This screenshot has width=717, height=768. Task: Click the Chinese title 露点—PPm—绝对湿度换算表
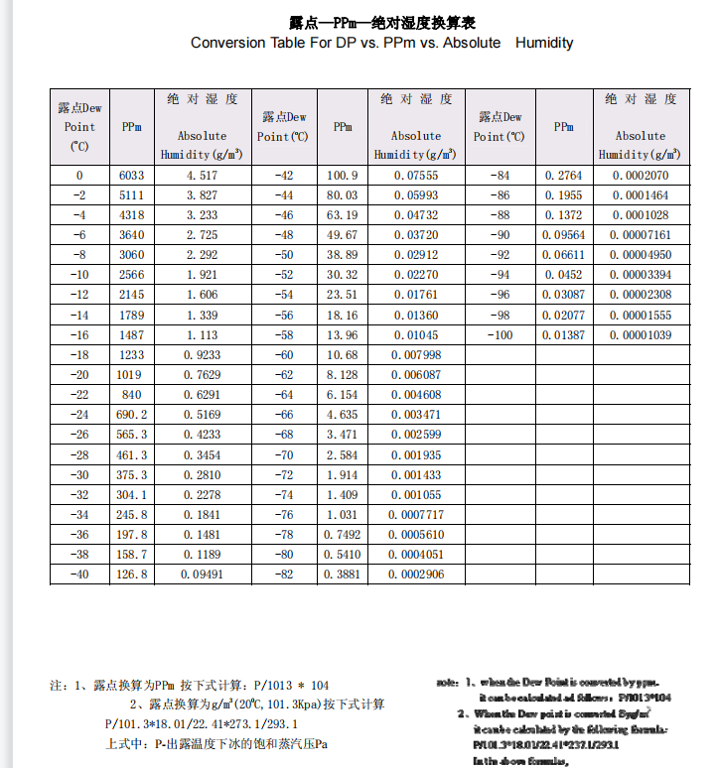[x=382, y=22]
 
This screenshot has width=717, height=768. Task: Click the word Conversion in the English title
[x=228, y=43]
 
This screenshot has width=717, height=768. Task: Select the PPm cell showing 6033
[x=132, y=176]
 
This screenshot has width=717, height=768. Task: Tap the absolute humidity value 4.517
[x=202, y=176]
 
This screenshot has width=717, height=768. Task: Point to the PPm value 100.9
[x=343, y=176]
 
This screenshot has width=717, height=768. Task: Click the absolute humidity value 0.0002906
[x=416, y=575]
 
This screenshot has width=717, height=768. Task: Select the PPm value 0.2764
[x=563, y=176]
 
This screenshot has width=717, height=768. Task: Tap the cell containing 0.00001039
[x=640, y=336]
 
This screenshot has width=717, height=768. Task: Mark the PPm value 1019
[x=132, y=374]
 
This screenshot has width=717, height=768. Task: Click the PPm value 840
[x=132, y=394]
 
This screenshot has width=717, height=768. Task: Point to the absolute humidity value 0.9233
[x=202, y=354]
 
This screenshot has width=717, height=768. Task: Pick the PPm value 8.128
[x=343, y=374]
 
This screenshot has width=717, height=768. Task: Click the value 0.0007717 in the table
[x=416, y=514]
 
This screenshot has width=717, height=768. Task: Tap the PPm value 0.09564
[x=563, y=235]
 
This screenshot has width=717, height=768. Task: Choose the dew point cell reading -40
[x=79, y=575]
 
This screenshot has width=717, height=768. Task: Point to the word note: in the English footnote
[x=448, y=683]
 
